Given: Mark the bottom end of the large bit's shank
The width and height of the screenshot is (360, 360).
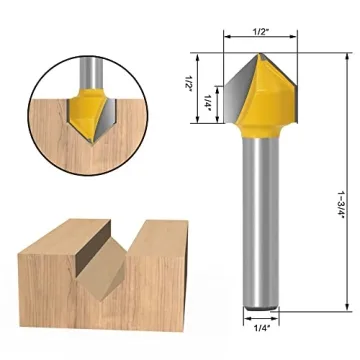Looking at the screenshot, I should click(258, 300).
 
